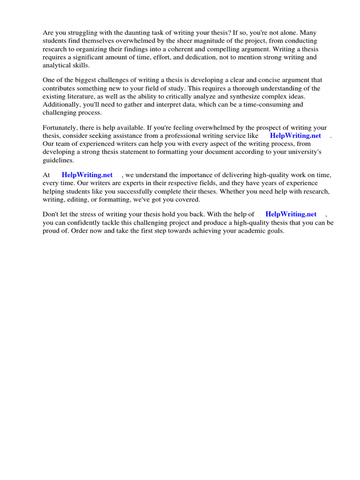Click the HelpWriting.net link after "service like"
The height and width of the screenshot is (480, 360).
pos(295,135)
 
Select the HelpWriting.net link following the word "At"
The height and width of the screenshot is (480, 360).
pos(87,175)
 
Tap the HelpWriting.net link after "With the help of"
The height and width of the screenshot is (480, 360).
pos(291,214)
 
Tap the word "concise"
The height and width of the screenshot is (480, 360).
pos(270,80)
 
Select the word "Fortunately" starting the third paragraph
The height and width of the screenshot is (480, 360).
pos(61,127)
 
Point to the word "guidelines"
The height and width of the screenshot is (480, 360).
pos(58,160)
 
